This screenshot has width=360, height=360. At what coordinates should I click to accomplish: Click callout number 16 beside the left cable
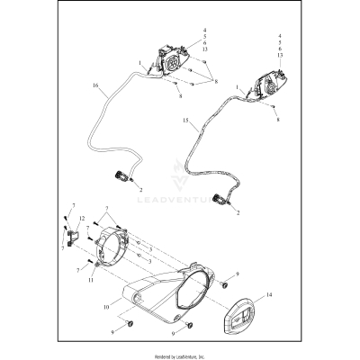pos(94,88)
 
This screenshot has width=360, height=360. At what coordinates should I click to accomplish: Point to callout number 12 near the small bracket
pos(81,220)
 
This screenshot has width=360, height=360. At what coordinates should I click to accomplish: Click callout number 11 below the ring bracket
pos(92,280)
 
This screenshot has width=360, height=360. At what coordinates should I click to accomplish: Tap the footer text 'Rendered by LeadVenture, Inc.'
pos(180,355)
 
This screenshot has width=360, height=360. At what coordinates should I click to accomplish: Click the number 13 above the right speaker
pos(282,56)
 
